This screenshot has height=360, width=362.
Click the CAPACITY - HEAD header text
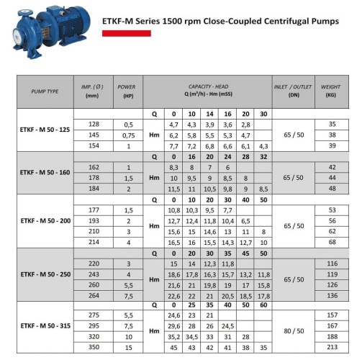tap(209, 86)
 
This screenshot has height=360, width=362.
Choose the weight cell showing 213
tap(332, 347)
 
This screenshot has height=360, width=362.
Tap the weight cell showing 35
tap(332, 125)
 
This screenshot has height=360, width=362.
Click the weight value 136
tap(332, 295)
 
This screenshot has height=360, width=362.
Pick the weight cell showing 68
tap(332, 243)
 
